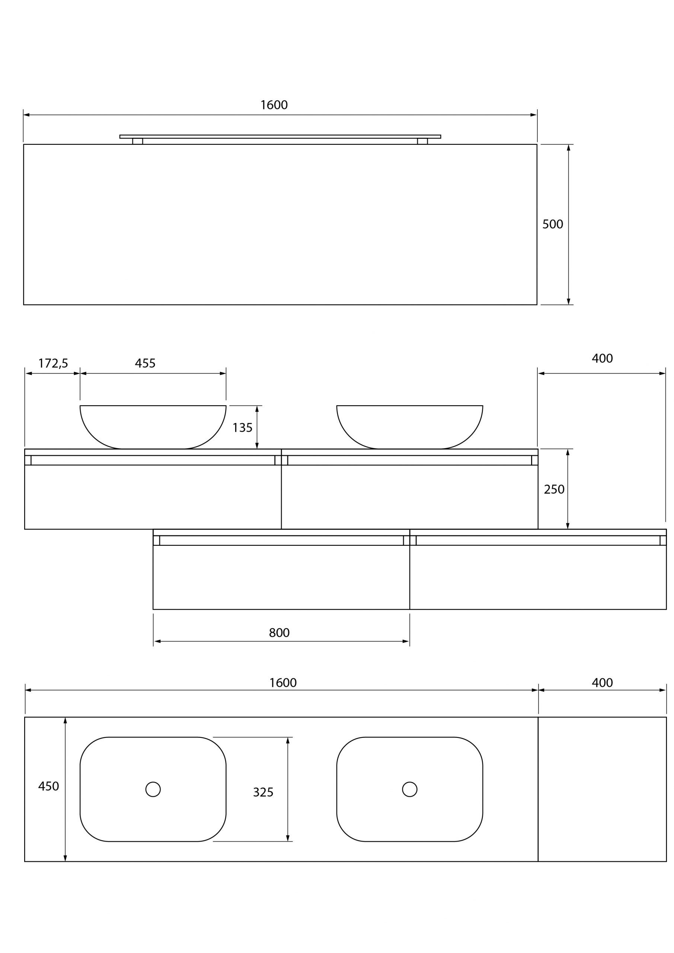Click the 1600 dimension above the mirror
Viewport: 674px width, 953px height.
(274, 105)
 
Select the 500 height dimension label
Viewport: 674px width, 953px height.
(552, 224)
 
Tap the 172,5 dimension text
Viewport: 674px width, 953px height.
(53, 363)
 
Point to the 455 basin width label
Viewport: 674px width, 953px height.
(145, 363)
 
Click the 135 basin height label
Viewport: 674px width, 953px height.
(242, 427)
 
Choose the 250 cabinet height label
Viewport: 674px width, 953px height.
(554, 490)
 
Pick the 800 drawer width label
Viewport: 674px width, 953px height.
(279, 632)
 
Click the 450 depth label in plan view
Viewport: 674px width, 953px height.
(48, 786)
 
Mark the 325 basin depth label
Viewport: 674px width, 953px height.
(263, 793)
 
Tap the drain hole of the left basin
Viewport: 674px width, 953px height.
(153, 789)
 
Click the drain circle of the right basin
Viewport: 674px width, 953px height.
(410, 789)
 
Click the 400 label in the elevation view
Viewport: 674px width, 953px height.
(602, 358)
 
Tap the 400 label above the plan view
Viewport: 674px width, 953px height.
(602, 683)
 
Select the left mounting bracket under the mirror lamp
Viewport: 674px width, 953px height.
(137, 141)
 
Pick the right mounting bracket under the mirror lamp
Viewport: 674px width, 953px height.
(422, 141)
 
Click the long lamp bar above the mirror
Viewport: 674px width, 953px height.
(280, 136)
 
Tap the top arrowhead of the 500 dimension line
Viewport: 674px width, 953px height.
(568, 147)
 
